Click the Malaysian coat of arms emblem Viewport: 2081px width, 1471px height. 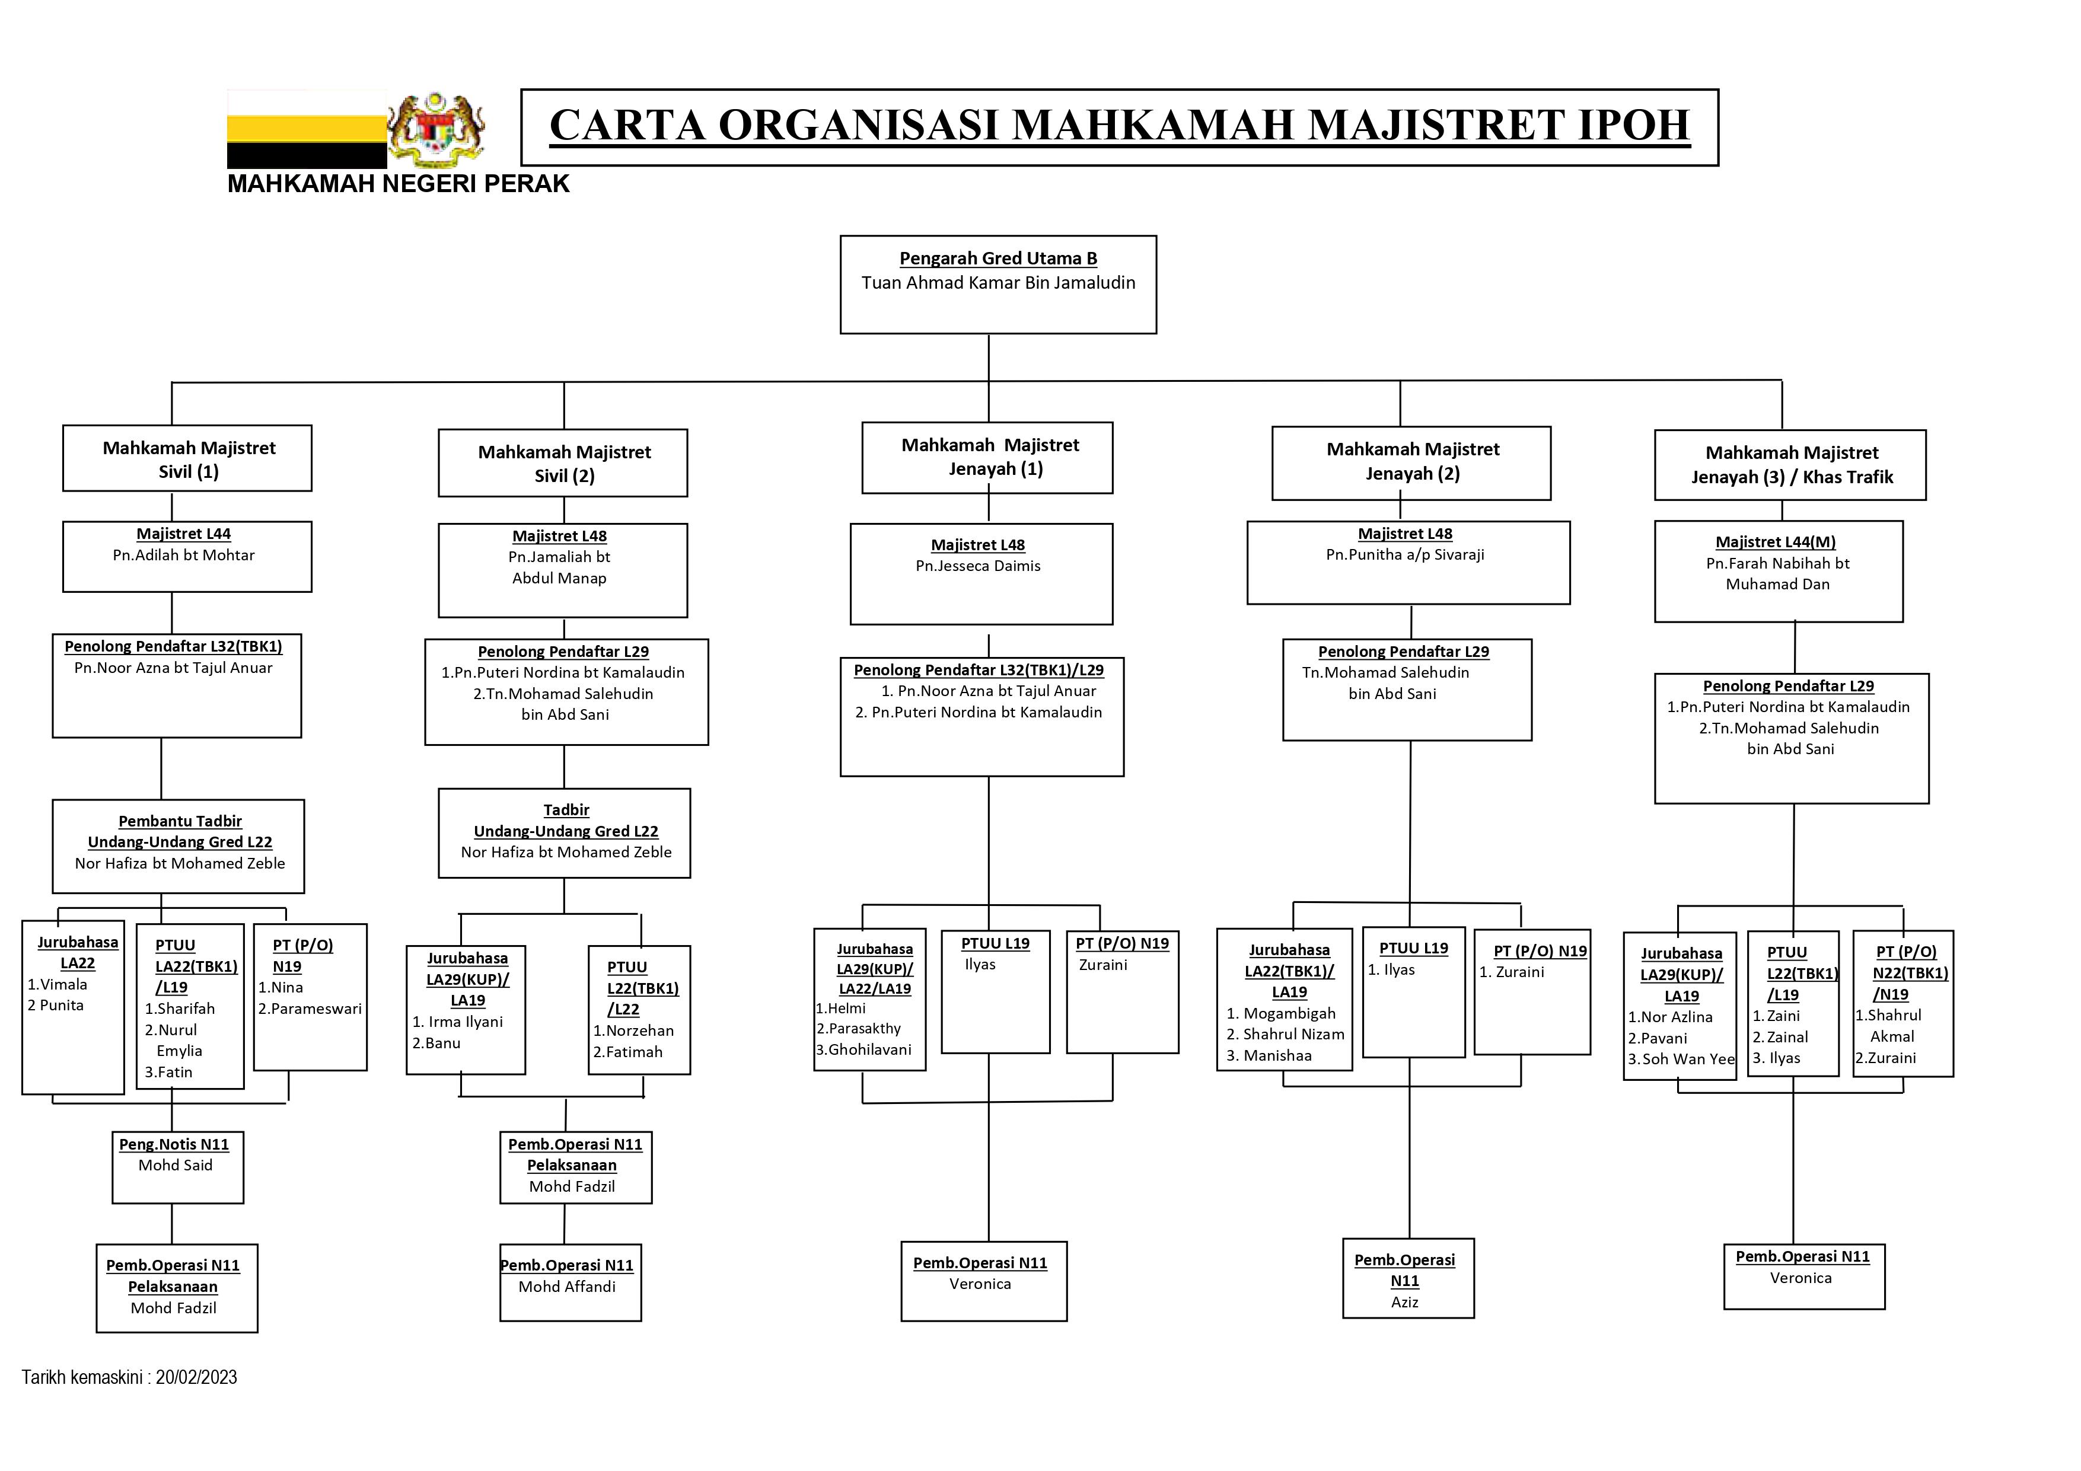click(437, 130)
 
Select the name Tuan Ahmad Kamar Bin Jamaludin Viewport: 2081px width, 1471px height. click(998, 283)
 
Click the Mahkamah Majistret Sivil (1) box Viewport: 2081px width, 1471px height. click(187, 458)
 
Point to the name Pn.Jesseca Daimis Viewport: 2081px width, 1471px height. click(978, 566)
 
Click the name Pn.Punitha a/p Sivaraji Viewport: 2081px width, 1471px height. click(1405, 555)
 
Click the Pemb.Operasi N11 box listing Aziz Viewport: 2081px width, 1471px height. click(1407, 1279)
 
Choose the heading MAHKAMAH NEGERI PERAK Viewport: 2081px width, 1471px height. click(398, 184)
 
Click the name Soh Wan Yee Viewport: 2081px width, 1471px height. click(1688, 1060)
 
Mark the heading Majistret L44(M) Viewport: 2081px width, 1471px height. click(1776, 542)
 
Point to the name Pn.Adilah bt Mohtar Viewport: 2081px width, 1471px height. click(183, 556)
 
